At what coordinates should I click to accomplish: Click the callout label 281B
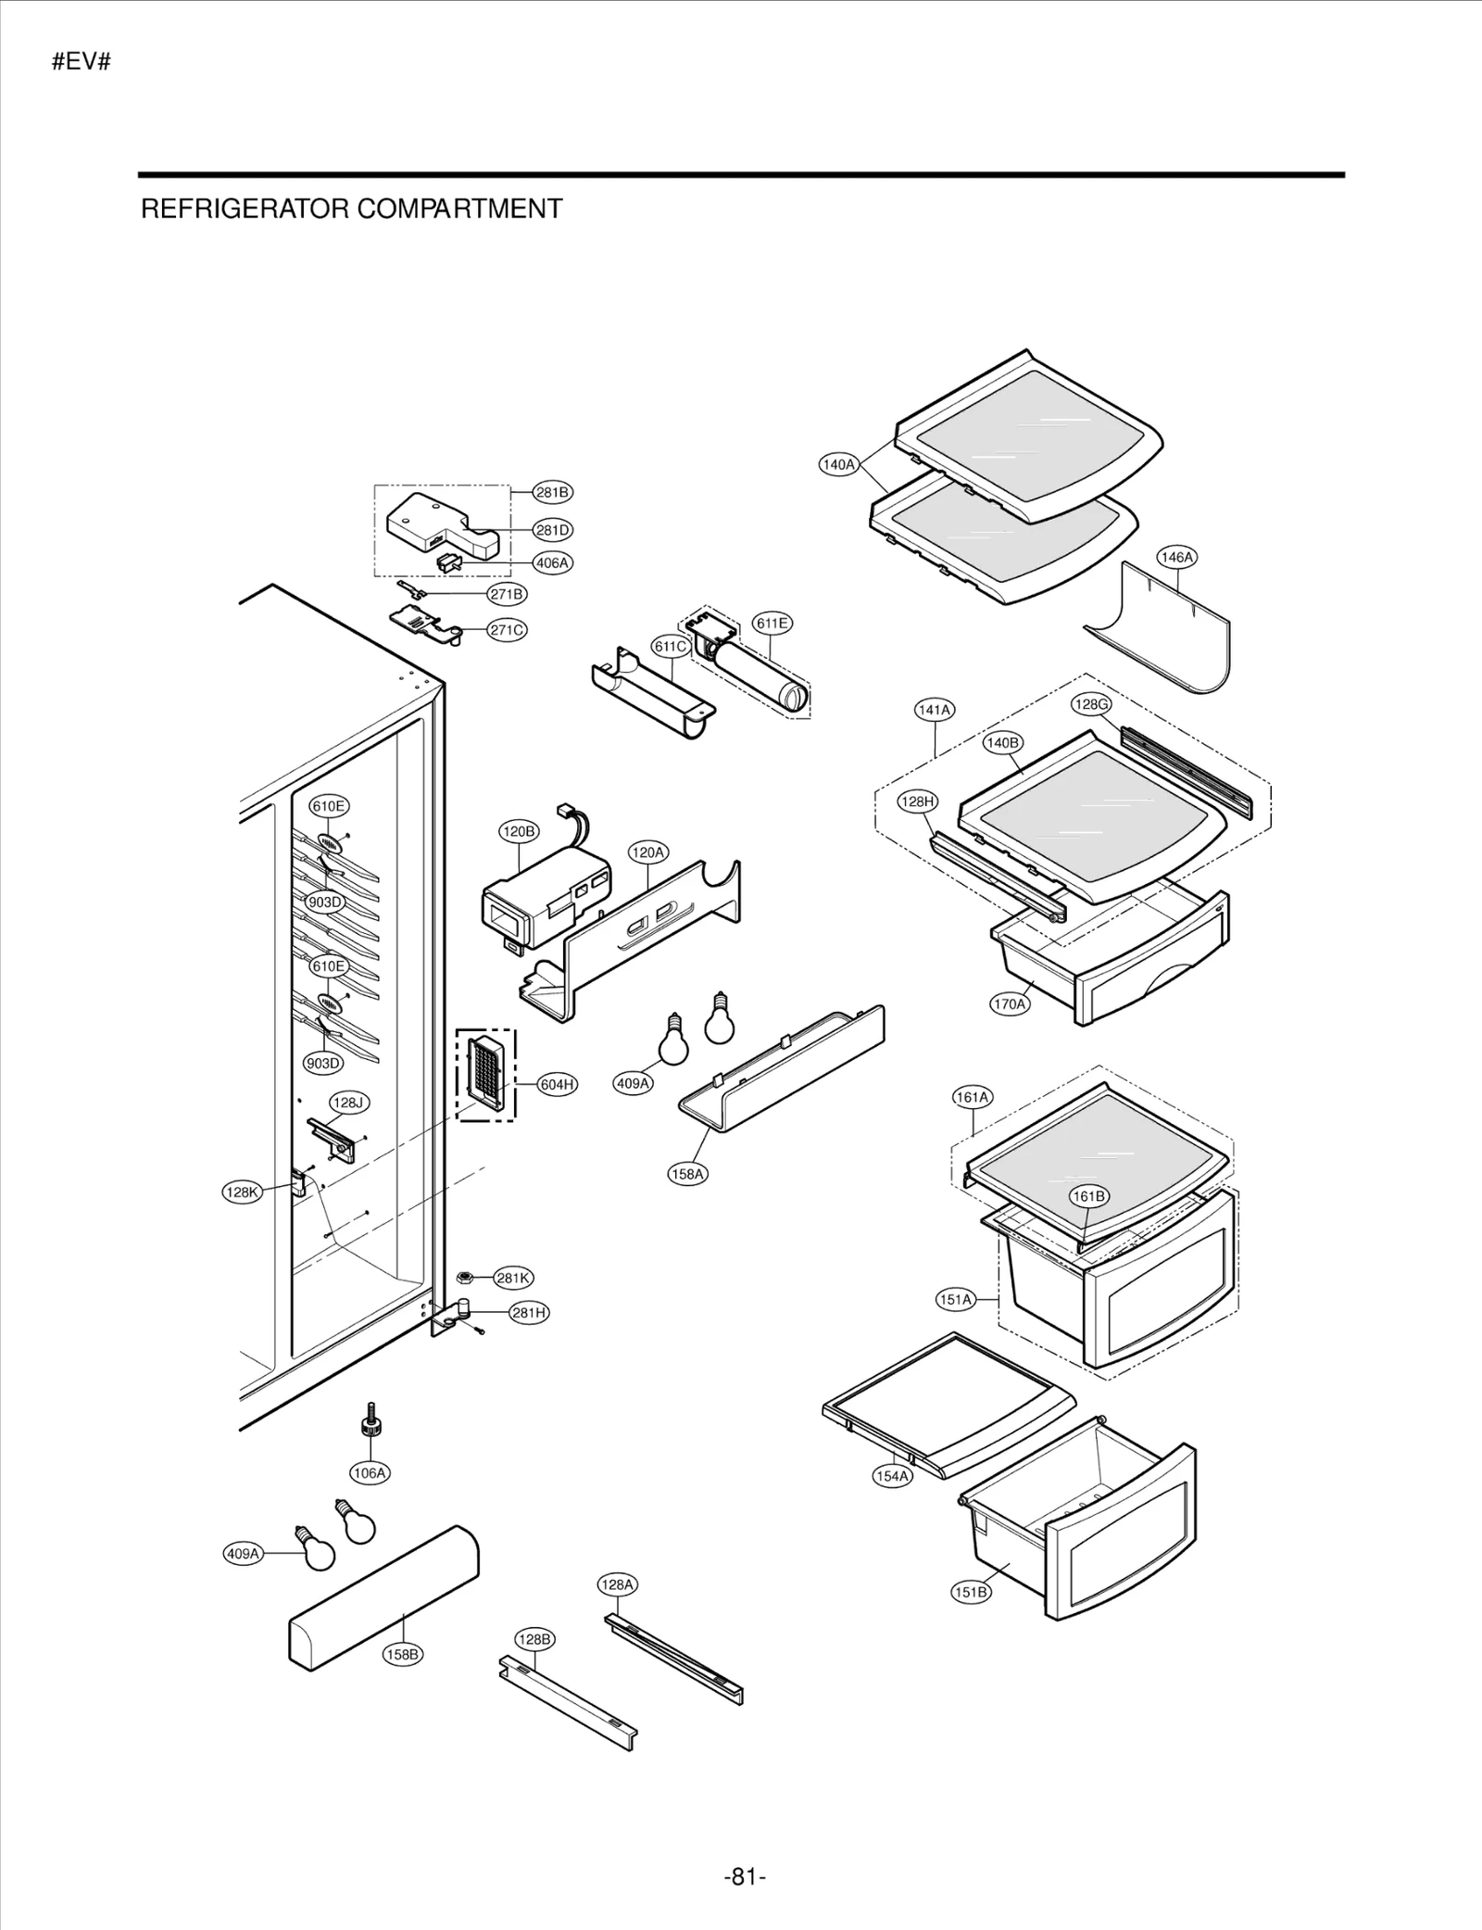click(552, 492)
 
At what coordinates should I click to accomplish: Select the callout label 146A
click(1176, 557)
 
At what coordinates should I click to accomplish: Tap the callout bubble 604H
click(557, 1084)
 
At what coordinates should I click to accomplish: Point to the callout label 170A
click(1009, 1003)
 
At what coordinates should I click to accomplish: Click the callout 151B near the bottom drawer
click(970, 1592)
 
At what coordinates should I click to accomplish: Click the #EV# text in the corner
click(82, 63)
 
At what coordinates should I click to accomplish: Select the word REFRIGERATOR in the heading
click(245, 209)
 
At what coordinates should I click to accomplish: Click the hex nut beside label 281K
click(466, 1278)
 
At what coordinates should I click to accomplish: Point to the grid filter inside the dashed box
click(484, 1074)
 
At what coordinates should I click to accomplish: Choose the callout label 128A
click(616, 1584)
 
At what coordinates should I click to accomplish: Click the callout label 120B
click(518, 831)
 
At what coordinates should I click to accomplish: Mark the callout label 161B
click(1088, 1196)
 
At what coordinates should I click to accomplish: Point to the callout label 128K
click(243, 1192)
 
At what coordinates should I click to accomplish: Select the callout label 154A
click(892, 1476)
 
